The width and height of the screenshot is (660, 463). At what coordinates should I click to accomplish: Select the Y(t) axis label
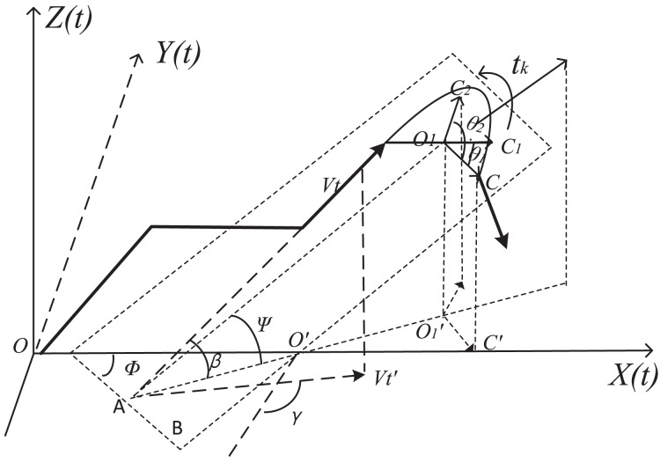click(x=178, y=55)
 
